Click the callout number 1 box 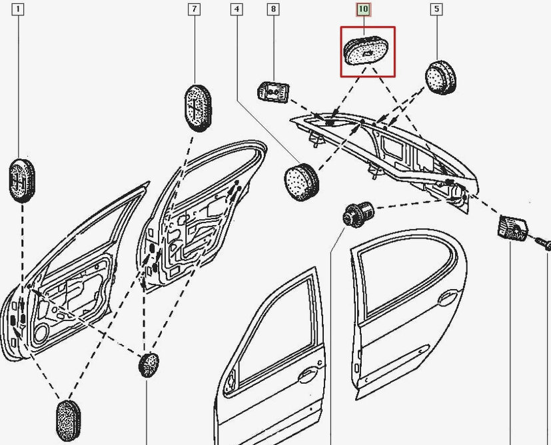click(17, 9)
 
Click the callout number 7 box click(194, 9)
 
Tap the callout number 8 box click(273, 9)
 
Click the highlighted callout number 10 click(363, 9)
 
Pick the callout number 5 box click(436, 9)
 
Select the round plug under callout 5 click(441, 76)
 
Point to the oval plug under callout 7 click(197, 105)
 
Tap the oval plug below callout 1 click(21, 179)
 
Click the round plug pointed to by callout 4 click(300, 179)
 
